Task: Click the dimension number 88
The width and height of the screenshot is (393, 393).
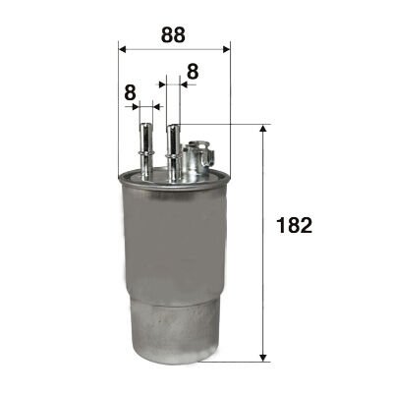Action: (x=173, y=34)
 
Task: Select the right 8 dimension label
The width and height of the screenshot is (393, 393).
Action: (x=192, y=72)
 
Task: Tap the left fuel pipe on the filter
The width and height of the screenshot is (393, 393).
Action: (x=145, y=147)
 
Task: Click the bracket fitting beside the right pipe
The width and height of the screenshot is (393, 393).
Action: (x=198, y=157)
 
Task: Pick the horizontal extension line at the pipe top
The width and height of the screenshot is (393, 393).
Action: (x=226, y=125)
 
